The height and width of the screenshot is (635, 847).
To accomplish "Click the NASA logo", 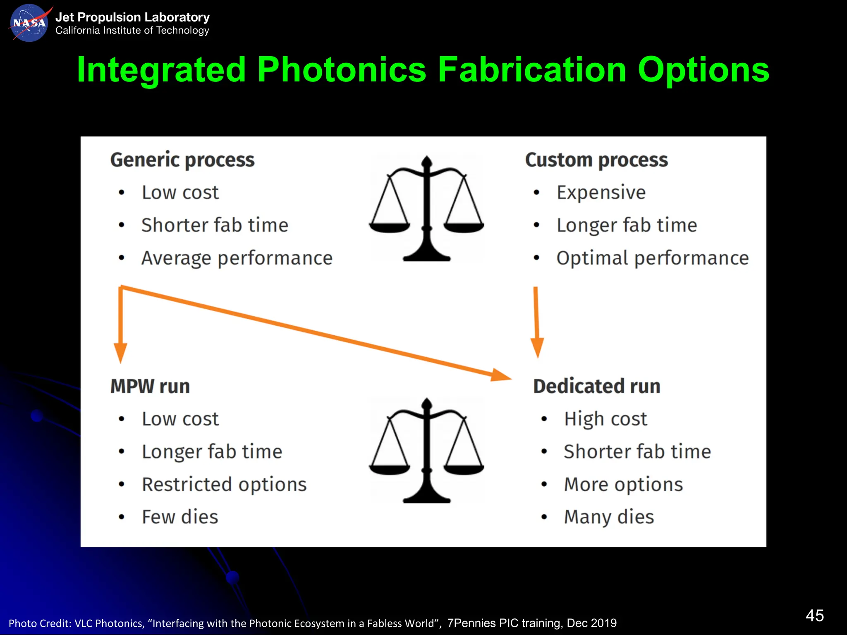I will (x=29, y=23).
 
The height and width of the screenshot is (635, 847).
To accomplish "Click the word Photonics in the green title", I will (x=341, y=70).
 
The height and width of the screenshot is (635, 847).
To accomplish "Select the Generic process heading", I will (x=182, y=160).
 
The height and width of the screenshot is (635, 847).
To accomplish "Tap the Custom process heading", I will (x=596, y=160).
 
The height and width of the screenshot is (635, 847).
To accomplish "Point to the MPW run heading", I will (x=150, y=386).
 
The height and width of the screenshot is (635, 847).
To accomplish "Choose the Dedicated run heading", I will (x=596, y=386).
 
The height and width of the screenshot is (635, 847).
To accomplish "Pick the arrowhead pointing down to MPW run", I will (x=120, y=352).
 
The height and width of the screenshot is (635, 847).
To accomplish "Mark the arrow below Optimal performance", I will (x=536, y=322).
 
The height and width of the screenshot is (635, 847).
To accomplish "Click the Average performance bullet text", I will (x=237, y=258).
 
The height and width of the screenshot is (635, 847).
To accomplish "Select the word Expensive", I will (x=601, y=193).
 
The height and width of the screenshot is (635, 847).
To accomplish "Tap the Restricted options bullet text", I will (x=224, y=485).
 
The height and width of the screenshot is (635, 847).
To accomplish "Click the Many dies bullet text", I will (x=609, y=517).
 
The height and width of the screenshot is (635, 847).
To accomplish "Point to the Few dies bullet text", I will (x=180, y=517).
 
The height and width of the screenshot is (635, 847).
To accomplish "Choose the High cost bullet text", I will (x=605, y=419).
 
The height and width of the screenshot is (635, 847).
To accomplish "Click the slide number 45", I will (x=814, y=616).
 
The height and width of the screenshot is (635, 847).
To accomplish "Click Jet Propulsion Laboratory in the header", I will (x=132, y=17).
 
